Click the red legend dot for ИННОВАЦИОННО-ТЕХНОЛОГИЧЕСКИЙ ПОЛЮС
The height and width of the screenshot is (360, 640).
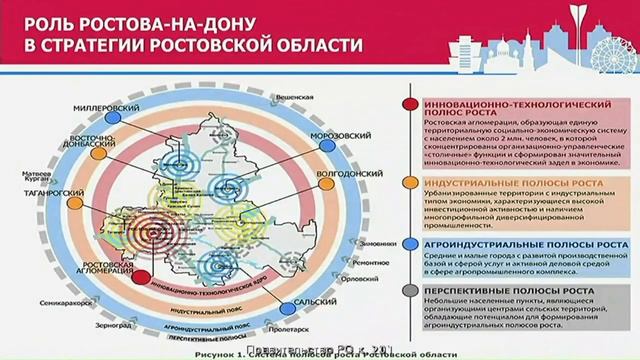(412, 104)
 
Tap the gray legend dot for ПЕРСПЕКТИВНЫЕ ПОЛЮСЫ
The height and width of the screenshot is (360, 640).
(412, 291)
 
